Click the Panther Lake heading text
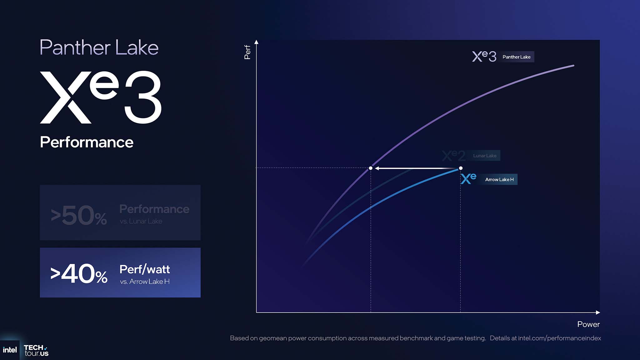coord(99,47)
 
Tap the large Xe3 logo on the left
coord(101,97)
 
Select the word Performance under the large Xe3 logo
coord(87,142)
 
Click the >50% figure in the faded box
coord(79,215)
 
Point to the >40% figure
coord(79,273)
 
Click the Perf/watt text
coord(145,269)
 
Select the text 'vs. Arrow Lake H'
coord(145,282)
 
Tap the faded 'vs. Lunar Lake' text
coord(141,221)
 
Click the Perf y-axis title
coord(247,52)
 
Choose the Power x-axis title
coord(588,324)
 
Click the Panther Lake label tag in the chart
coord(517,57)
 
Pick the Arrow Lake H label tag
coord(499,179)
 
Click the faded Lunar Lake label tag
coord(485,156)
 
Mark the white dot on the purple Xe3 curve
coord(371,168)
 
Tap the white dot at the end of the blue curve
coord(461,168)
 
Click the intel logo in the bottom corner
coord(10,350)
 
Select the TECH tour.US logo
coord(36,350)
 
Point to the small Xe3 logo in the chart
coord(484,56)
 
